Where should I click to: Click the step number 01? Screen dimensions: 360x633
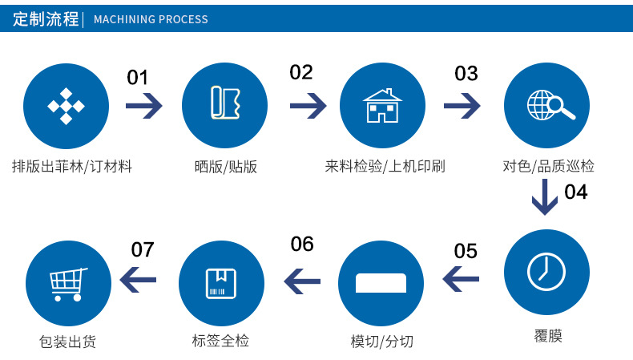[x=138, y=78]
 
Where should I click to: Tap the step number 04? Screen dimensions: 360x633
[x=575, y=192]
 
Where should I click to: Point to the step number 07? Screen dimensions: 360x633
[x=142, y=249]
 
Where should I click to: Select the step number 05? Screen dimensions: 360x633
[x=466, y=251]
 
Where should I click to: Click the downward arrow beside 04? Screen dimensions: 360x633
[x=545, y=196]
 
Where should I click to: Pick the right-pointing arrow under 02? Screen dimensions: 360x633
[x=308, y=105]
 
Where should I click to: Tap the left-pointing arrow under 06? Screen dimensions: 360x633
[x=302, y=281]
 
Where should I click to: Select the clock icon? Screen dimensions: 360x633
[x=546, y=270]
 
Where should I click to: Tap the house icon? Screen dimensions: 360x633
[x=382, y=106]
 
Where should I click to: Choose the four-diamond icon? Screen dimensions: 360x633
[x=66, y=106]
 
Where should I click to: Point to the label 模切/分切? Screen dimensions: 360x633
[x=382, y=342]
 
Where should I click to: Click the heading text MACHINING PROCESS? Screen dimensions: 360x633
[x=151, y=19]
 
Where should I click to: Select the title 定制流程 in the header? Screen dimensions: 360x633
[x=46, y=18]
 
